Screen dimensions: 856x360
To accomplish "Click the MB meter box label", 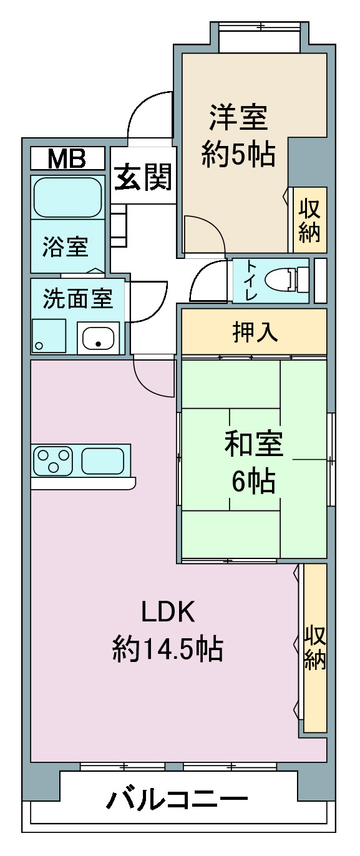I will pyautogui.click(x=67, y=160).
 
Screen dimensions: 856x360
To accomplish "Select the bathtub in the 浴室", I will pyautogui.click(x=67, y=197).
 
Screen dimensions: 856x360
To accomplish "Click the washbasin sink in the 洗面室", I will pyautogui.click(x=98, y=338).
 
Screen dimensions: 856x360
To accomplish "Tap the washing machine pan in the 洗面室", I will pyautogui.click(x=49, y=336).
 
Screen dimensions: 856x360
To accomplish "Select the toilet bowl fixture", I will pyautogui.click(x=286, y=280).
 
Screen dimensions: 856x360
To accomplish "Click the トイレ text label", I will pyautogui.click(x=250, y=280).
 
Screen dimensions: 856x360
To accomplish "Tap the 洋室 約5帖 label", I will pyautogui.click(x=238, y=135).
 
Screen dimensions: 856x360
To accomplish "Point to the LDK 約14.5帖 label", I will pyautogui.click(x=168, y=631).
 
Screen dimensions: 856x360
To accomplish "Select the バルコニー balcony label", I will pyautogui.click(x=177, y=800).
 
